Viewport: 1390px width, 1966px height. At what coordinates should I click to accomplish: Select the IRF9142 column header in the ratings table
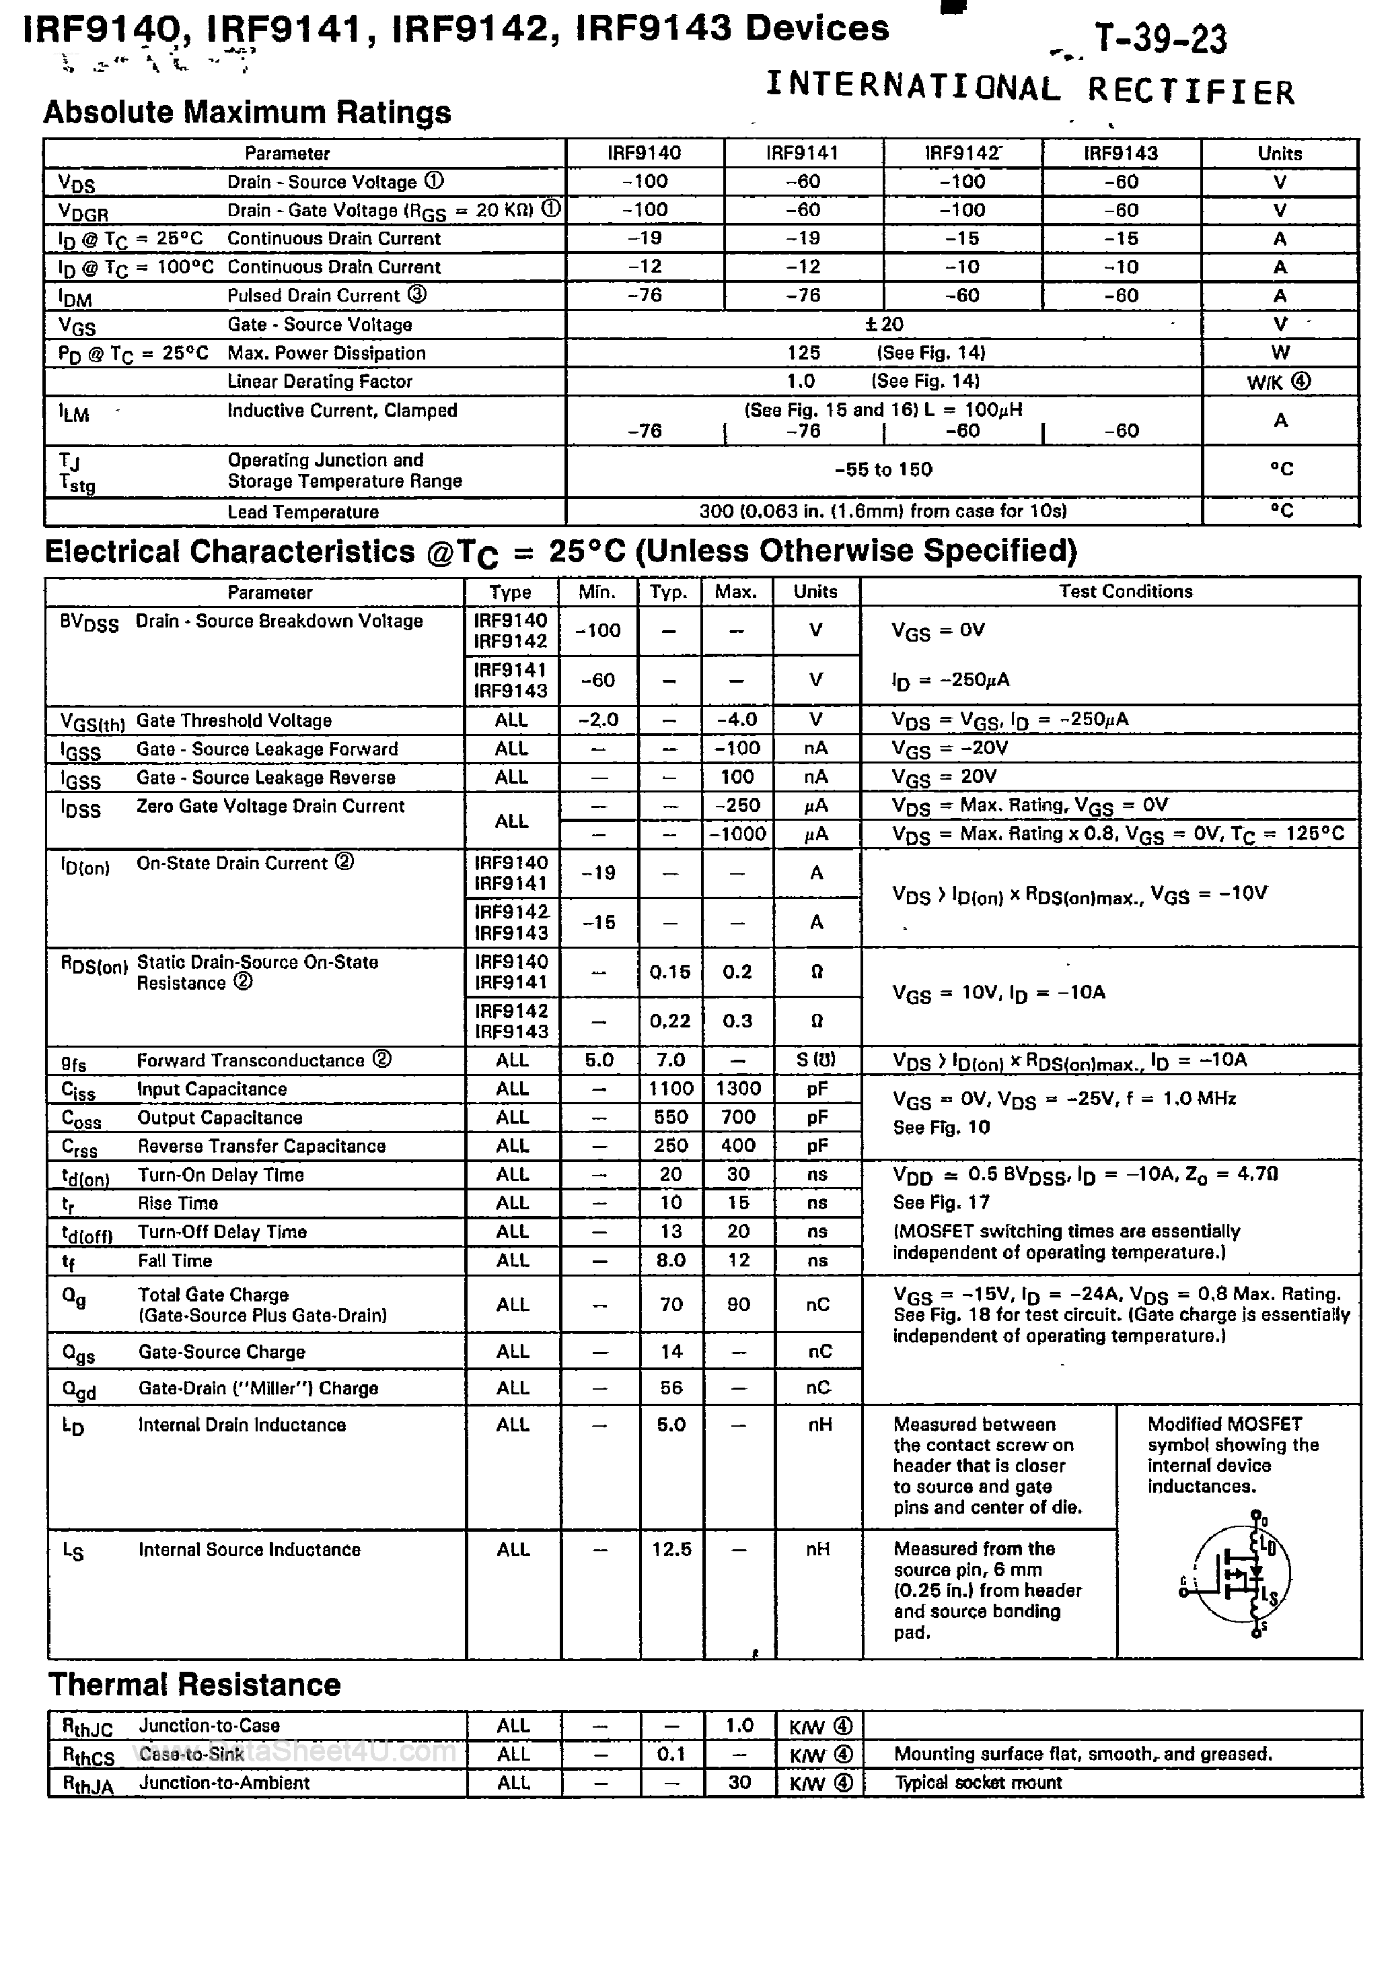point(963,154)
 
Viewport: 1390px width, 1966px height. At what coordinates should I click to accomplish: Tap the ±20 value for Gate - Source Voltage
point(884,325)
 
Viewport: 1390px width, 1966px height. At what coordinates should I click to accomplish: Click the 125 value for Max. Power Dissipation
point(804,353)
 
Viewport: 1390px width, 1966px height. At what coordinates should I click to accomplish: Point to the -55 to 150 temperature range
point(883,469)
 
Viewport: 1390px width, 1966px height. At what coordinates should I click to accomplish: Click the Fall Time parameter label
point(175,1261)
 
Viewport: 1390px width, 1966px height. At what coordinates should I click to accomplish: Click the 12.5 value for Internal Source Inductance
point(671,1549)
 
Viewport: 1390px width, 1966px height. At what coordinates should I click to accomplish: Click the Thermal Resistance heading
point(194,1685)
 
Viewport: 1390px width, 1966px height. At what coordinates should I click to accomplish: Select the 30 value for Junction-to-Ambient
point(739,1783)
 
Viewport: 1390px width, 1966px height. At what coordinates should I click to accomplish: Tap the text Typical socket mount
point(978,1783)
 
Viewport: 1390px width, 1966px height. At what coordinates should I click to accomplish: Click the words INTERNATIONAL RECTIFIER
point(1029,88)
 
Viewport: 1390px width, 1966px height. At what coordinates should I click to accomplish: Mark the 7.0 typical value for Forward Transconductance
point(670,1060)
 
